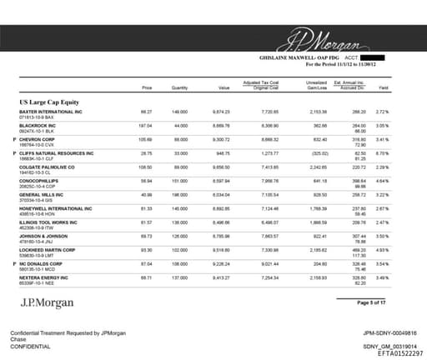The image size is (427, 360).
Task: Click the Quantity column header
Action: tap(178, 87)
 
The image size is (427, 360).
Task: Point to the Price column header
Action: tap(147, 87)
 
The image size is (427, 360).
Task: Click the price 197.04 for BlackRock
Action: tap(146, 125)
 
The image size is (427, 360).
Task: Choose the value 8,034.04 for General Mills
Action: tap(220, 194)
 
